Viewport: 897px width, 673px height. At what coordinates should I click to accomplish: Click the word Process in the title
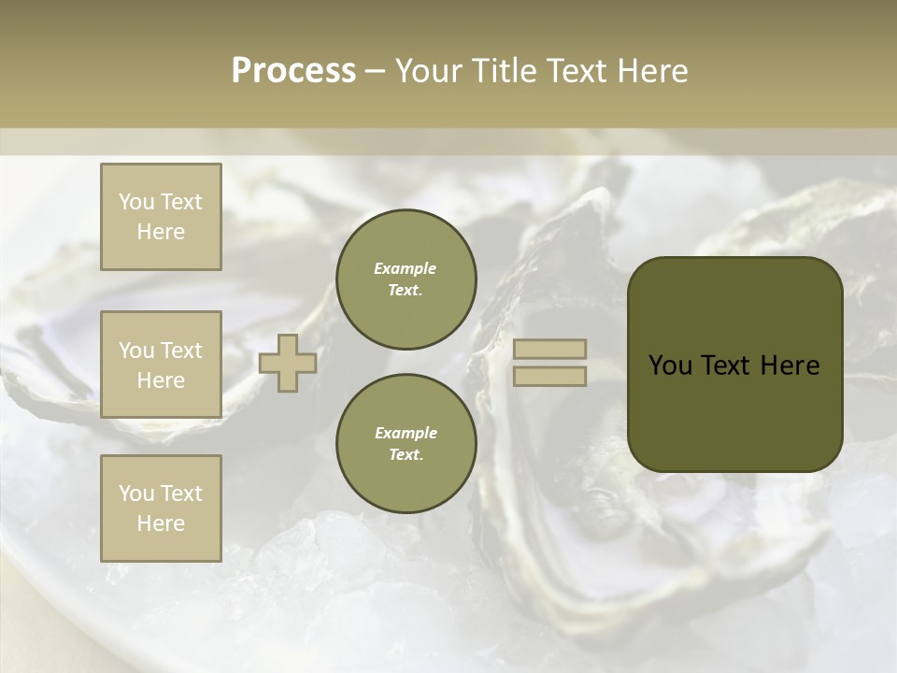[293, 71]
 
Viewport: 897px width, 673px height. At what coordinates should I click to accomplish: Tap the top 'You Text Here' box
[161, 217]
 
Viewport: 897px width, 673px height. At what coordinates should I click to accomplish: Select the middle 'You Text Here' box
[161, 365]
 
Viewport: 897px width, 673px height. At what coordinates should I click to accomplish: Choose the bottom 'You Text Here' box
[161, 508]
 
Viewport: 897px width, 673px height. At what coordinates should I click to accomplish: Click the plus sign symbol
[288, 363]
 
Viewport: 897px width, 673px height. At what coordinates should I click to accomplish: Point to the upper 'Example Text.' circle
[406, 279]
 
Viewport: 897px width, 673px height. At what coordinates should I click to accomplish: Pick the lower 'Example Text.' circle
[406, 444]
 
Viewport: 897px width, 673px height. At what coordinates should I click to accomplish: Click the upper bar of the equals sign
[549, 349]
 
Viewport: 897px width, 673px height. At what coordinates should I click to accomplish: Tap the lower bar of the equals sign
[549, 376]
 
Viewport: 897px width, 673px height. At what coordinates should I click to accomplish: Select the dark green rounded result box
[734, 365]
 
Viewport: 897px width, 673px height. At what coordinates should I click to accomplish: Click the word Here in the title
[651, 71]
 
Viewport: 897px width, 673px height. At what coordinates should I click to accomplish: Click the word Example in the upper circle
[406, 268]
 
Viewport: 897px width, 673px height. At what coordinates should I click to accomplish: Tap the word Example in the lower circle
[406, 433]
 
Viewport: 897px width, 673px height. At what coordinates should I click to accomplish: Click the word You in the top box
[135, 202]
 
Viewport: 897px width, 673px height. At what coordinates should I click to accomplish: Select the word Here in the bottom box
[161, 523]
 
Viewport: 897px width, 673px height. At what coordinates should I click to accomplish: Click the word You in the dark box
[669, 365]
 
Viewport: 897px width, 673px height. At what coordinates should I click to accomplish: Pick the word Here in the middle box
[161, 380]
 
